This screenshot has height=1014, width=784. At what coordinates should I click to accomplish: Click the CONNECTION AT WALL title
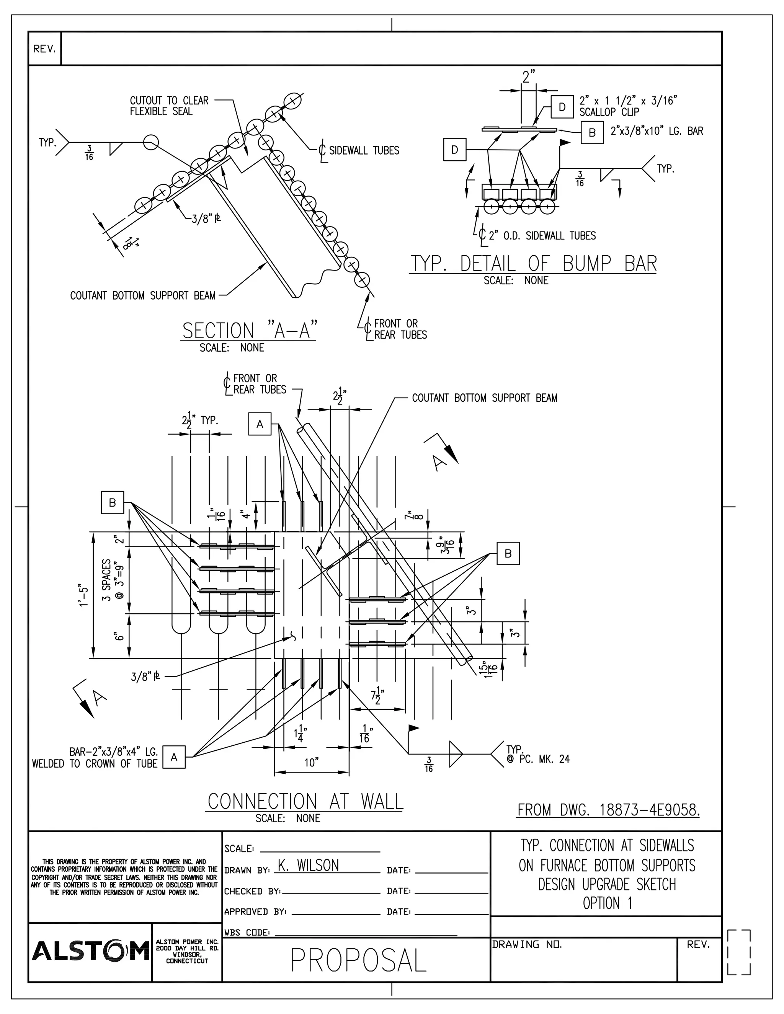click(305, 802)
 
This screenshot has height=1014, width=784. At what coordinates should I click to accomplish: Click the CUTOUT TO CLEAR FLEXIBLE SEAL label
click(169, 106)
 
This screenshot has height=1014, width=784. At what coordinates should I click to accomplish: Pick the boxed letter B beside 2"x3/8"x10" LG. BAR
click(592, 132)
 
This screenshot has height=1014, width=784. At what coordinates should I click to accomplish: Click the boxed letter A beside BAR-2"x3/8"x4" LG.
click(174, 757)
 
